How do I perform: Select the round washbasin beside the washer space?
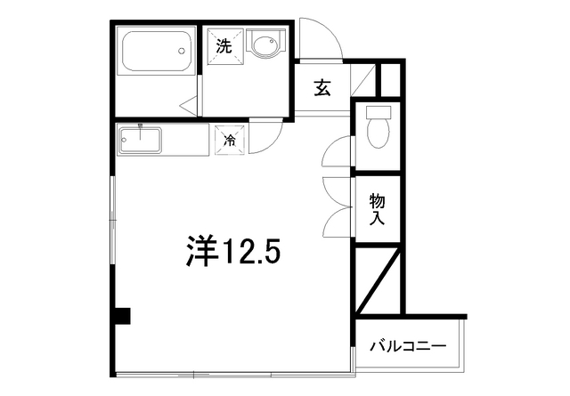click(264, 45)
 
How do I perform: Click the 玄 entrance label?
click(322, 88)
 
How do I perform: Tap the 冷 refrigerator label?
click(229, 140)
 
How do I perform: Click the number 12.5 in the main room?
click(250, 254)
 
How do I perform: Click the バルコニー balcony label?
click(407, 346)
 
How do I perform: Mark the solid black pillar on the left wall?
click(122, 316)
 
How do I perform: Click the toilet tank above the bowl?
click(379, 113)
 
